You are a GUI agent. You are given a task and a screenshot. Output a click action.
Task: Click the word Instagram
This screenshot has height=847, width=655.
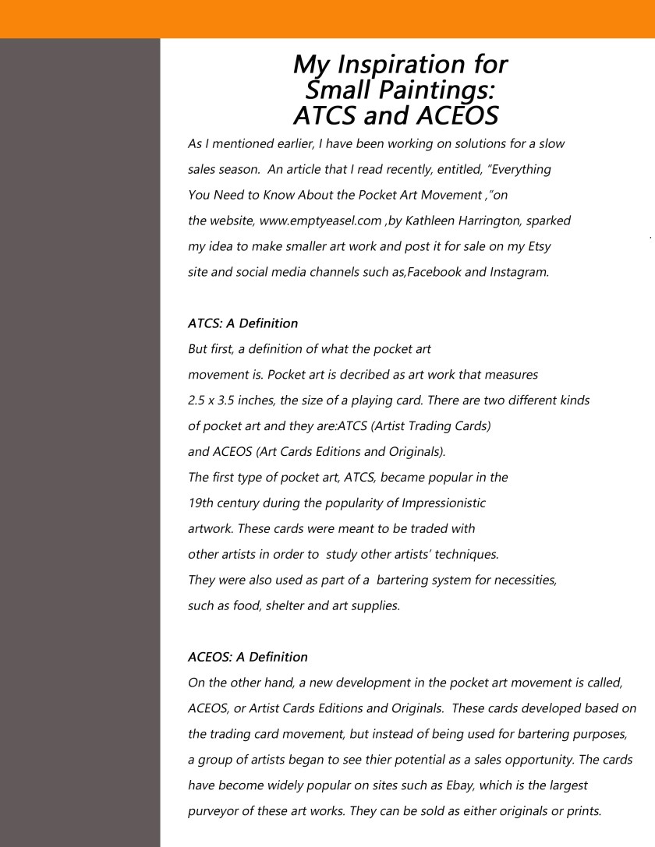tap(518, 271)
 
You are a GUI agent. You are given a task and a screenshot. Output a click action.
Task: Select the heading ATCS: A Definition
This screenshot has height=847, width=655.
tap(243, 323)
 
